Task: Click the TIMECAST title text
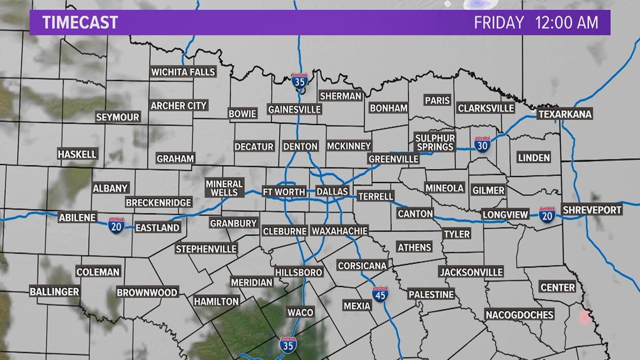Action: [x=80, y=22]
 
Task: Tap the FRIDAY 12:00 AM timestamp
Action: [x=534, y=23]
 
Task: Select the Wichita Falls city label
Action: [x=183, y=72]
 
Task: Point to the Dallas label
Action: [x=332, y=192]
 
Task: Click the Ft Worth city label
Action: [x=284, y=192]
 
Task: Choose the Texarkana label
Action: [x=565, y=114]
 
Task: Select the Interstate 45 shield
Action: [x=380, y=294]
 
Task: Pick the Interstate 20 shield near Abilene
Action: [x=116, y=224]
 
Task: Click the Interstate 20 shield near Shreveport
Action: [x=547, y=215]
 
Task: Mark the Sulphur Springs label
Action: [x=435, y=142]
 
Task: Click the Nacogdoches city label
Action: [x=519, y=315]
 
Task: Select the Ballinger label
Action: [x=54, y=291]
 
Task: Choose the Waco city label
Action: [x=300, y=312]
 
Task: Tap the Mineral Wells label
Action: [x=224, y=188]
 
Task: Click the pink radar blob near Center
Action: [x=584, y=317]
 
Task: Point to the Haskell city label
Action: [x=77, y=154]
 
